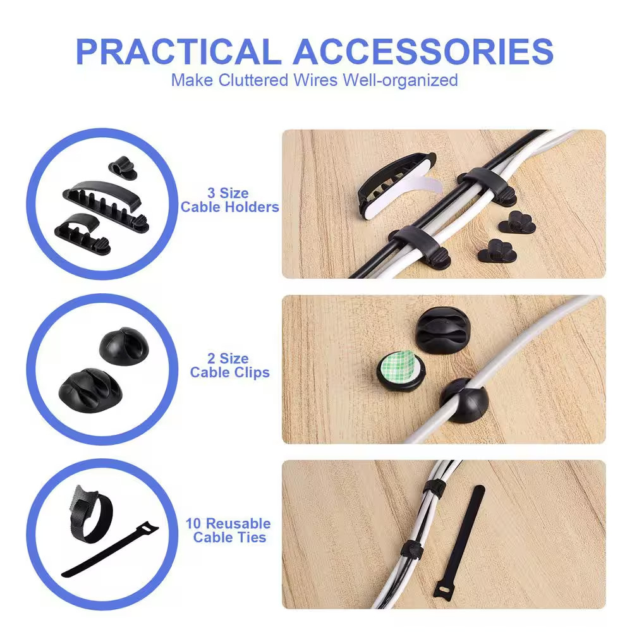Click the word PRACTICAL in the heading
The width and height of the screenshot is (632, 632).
[178, 52]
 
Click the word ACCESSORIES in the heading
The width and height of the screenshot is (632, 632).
[423, 52]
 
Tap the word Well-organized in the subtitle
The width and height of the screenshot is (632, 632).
[400, 80]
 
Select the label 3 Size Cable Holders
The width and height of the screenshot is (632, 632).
[230, 200]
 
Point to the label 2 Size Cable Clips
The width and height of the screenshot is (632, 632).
[230, 365]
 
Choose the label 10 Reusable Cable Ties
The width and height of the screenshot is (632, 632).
[228, 530]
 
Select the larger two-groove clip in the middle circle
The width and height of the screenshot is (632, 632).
[90, 391]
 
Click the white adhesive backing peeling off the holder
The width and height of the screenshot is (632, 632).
[407, 193]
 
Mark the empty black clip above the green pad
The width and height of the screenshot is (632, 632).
[442, 331]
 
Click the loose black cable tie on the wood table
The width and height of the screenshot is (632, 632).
[459, 543]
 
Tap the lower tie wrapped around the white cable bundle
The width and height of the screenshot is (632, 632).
[411, 550]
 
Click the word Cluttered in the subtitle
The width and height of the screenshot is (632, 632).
[253, 80]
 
